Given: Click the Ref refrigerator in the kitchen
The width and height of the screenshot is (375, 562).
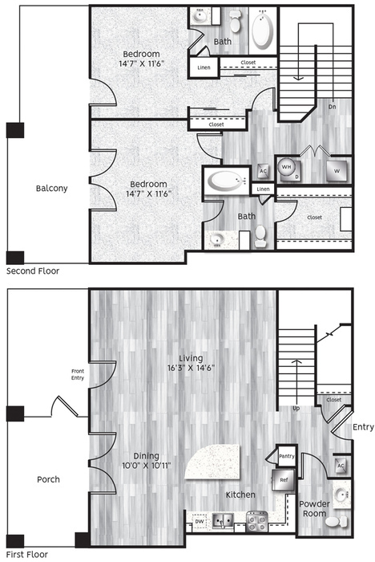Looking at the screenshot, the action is point(283,479).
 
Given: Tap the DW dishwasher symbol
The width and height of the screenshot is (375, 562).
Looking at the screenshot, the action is point(200,522).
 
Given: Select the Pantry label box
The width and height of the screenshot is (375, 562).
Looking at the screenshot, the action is point(287,455).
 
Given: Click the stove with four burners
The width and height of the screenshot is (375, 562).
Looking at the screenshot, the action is point(257,521).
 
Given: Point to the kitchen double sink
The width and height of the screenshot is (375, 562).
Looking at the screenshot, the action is point(223,521).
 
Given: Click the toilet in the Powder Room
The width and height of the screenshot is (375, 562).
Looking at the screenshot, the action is point(336,521).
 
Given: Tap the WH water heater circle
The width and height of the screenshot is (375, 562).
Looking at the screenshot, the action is point(286,167).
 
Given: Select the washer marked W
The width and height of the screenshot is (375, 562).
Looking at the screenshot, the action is point(337,171).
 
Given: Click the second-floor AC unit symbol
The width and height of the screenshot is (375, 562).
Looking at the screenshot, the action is point(263,171).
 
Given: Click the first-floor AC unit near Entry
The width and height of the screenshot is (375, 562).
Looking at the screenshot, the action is point(341,466).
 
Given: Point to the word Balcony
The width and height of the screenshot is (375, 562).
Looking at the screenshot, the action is point(51,188).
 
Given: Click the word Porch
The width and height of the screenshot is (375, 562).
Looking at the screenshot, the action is point(48,479).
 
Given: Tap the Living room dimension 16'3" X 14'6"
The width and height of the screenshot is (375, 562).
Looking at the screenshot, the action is point(191,368).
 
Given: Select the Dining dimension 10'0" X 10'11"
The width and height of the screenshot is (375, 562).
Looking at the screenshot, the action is point(147,466).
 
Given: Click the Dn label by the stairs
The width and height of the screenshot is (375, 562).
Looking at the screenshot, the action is point(332,107).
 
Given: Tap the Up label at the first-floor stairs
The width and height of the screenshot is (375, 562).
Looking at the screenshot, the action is point(296,408).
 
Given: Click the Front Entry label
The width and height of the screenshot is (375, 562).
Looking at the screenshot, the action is point(78,375).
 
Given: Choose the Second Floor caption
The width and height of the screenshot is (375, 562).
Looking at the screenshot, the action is point(33,271).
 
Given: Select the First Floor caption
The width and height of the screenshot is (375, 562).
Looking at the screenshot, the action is point(27,555).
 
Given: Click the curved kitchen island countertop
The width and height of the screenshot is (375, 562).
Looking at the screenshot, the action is point(215,463).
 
